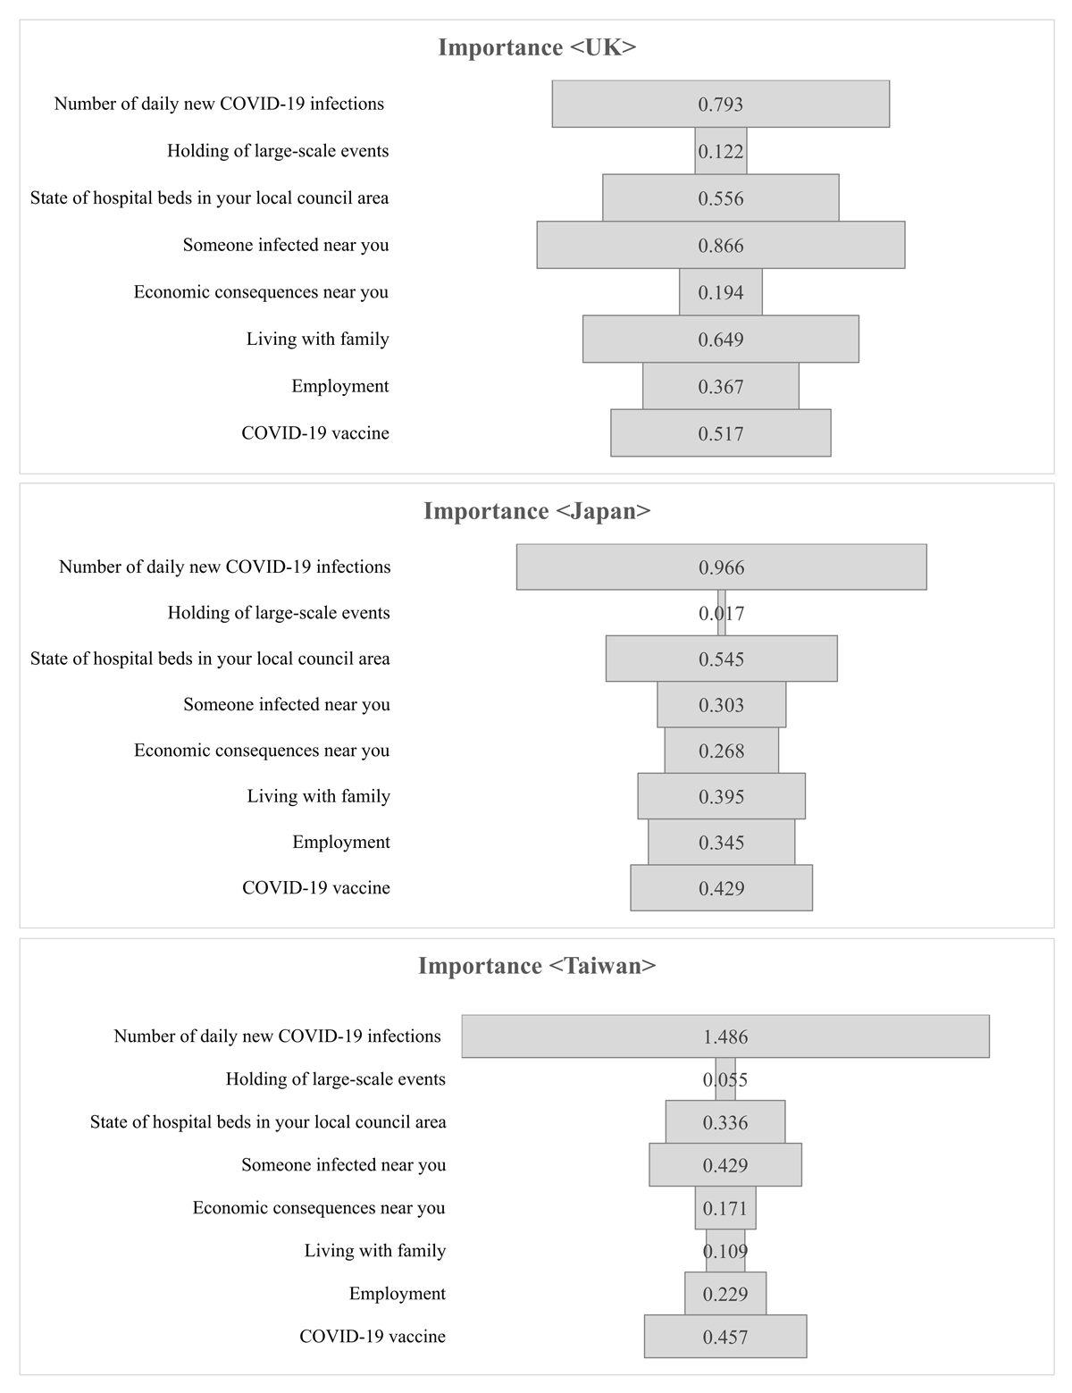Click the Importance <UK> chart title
tap(536, 47)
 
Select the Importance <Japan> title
tap(536, 511)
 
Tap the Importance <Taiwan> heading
tap(536, 965)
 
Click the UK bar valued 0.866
tap(721, 245)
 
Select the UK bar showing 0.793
tap(721, 104)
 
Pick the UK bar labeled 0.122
tap(721, 151)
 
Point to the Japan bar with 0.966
tap(722, 566)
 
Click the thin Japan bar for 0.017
tap(722, 613)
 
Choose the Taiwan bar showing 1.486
tap(725, 1036)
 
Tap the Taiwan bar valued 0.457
tap(725, 1336)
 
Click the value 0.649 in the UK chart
tap(721, 340)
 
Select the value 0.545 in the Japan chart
tap(722, 659)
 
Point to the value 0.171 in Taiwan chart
tap(725, 1208)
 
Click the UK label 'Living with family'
tap(318, 340)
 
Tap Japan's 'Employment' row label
tap(341, 843)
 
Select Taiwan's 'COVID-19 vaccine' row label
tap(373, 1336)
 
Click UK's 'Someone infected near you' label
tap(286, 245)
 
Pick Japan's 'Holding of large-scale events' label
tap(279, 613)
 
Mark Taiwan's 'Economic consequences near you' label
tap(319, 1208)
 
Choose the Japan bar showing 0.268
tap(722, 750)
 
